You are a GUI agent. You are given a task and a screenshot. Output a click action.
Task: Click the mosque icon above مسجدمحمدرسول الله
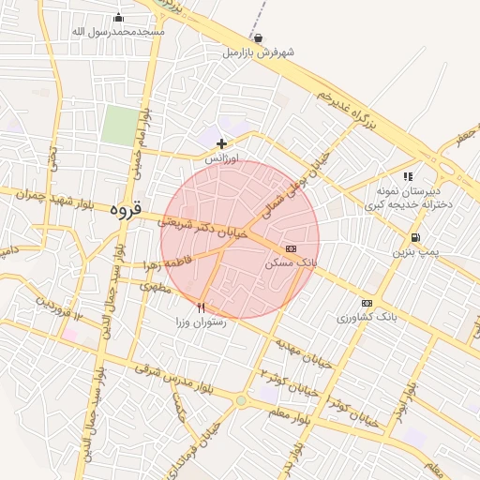tap(118, 18)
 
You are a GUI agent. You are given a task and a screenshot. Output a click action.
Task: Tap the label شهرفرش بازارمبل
tap(258, 52)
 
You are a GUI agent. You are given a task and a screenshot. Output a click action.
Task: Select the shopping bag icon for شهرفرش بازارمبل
tap(258, 38)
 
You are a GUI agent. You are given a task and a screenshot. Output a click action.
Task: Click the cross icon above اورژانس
tap(221, 143)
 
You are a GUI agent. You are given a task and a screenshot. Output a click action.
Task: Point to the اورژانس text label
tap(222, 158)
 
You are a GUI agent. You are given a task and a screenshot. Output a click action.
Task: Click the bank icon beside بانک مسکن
tap(291, 249)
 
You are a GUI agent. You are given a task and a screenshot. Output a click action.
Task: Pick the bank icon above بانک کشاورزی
tap(366, 303)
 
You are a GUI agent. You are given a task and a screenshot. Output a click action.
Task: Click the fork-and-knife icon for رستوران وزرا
tap(201, 307)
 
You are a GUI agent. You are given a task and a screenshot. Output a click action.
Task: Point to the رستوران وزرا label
tap(200, 322)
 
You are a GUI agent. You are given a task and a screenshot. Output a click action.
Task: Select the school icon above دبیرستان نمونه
tap(408, 175)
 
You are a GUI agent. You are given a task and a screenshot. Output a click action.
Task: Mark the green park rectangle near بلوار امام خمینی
tap(119, 126)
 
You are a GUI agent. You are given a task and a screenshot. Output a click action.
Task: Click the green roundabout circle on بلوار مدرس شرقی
tap(241, 401)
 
